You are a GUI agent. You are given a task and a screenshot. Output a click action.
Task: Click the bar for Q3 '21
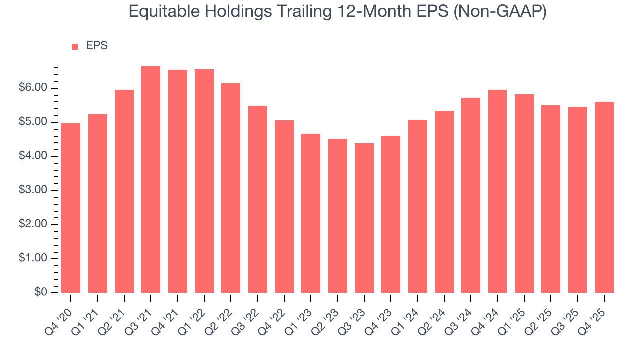(x=151, y=180)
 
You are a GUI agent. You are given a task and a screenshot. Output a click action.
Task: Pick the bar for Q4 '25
(x=604, y=197)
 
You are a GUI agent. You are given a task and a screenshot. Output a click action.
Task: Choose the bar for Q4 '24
(x=498, y=191)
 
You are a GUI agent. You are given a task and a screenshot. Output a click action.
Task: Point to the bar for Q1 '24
(x=418, y=206)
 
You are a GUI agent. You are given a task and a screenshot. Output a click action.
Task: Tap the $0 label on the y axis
(x=41, y=293)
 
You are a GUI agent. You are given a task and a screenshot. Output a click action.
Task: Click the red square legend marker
(x=75, y=46)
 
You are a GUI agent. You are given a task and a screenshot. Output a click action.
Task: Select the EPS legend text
(x=97, y=46)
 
